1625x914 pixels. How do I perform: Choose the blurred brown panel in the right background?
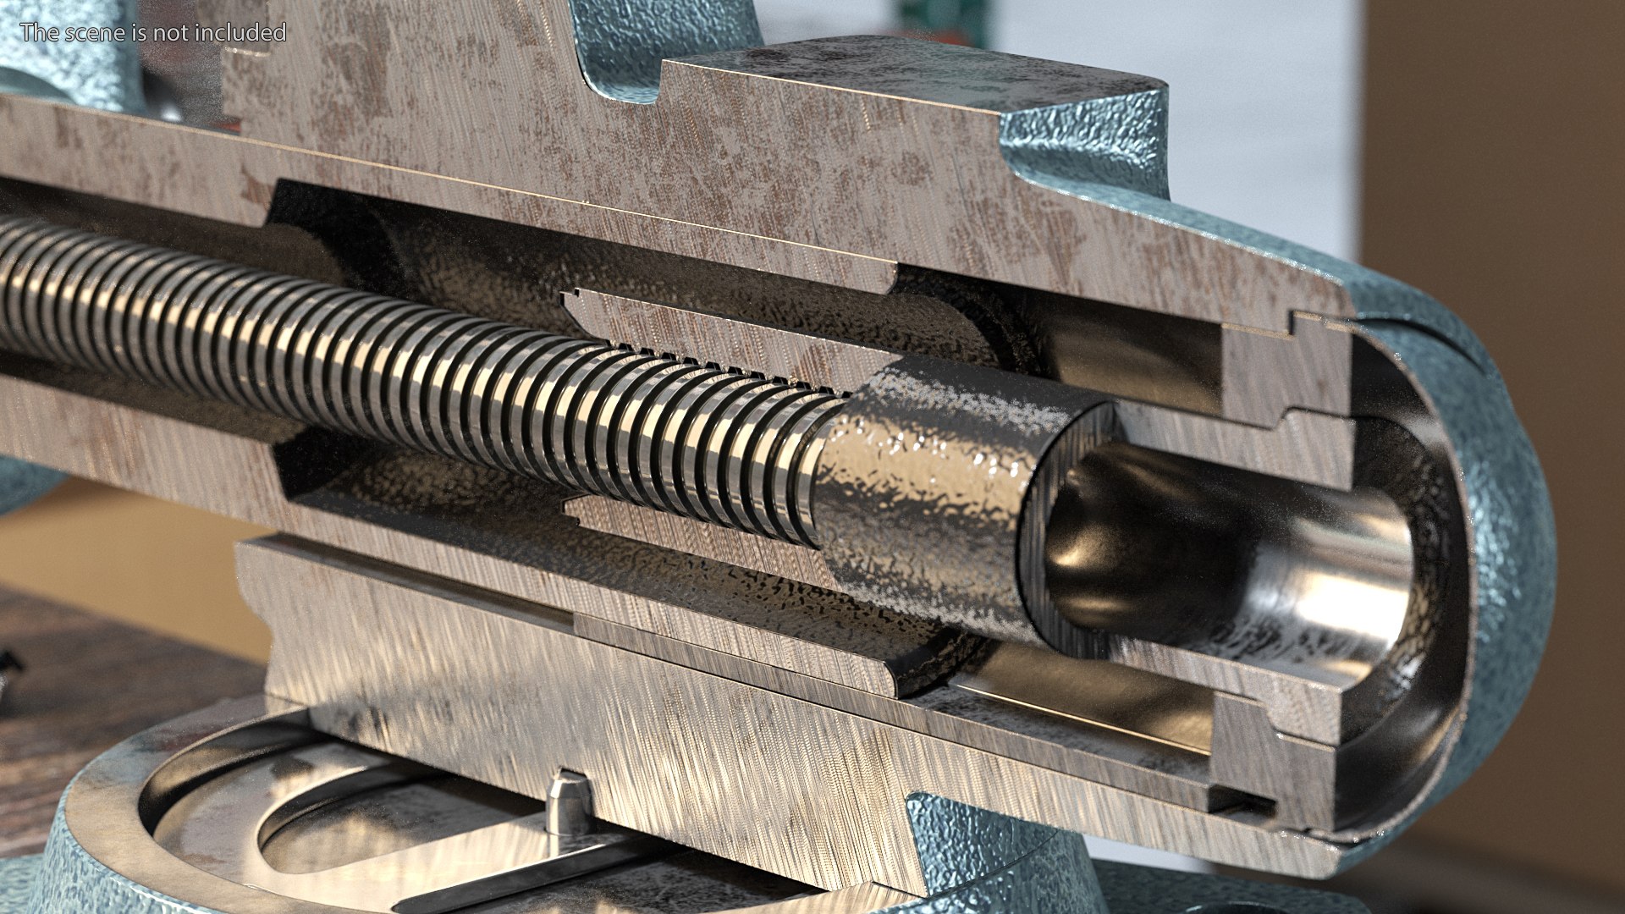click(x=1498, y=212)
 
